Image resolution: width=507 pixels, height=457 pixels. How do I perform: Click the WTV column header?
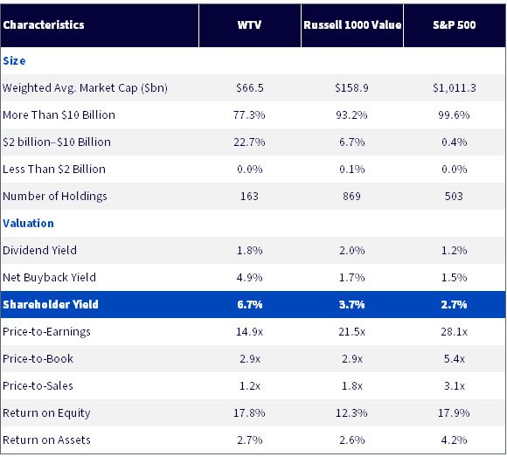point(249,24)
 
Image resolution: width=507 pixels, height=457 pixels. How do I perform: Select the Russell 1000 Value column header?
point(352,24)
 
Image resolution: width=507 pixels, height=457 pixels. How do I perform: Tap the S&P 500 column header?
point(455,24)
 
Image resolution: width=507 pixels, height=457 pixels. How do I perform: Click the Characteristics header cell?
point(44,24)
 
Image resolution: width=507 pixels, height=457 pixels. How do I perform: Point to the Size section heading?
point(14,61)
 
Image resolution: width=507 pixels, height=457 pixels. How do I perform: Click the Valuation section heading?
point(29,224)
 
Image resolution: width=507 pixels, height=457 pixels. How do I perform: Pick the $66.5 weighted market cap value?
point(250,88)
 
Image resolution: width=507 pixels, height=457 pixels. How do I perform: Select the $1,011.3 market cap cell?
point(455,88)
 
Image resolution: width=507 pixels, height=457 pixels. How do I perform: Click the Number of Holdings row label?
point(55,197)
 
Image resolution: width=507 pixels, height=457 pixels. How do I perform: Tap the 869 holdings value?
point(351,197)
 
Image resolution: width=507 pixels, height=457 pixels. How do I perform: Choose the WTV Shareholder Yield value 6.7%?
point(250,304)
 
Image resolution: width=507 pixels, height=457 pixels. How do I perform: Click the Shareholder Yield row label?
point(51,304)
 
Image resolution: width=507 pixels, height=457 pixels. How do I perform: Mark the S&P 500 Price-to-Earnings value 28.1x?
point(454,331)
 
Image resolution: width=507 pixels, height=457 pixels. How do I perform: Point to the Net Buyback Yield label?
point(50,278)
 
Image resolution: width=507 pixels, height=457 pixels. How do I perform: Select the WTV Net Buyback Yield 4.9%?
point(249,277)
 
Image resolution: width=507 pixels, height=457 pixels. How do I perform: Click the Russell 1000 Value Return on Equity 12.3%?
point(351,412)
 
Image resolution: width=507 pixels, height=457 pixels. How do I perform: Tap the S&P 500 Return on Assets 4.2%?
point(454,440)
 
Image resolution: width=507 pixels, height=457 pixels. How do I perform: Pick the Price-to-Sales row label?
point(38,386)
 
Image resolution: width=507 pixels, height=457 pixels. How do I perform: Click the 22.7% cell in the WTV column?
point(249,142)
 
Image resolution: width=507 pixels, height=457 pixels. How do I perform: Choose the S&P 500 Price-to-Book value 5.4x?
point(454,359)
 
